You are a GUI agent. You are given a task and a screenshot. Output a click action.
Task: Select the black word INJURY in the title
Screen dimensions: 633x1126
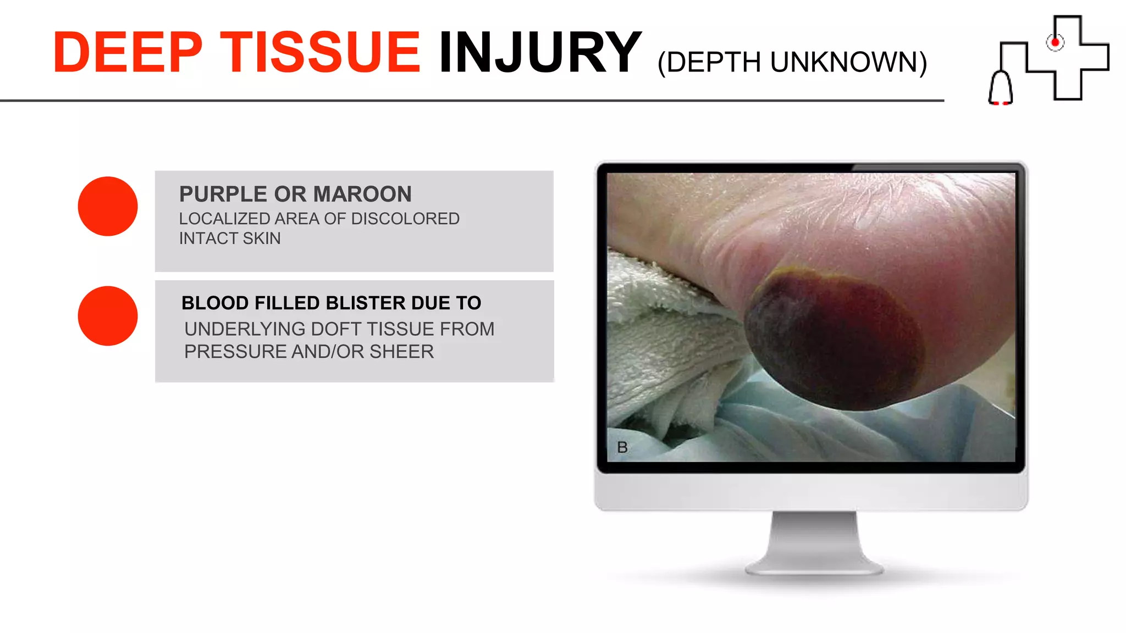[x=540, y=53]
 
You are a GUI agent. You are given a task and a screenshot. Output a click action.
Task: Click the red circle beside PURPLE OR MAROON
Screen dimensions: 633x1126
[x=108, y=206]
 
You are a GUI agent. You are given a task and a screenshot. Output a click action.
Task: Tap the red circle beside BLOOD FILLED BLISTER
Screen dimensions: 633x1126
[x=108, y=316]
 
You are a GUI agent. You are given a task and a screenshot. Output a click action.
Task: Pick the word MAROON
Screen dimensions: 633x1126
[x=362, y=194]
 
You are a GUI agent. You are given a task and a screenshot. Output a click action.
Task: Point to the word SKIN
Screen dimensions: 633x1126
[x=262, y=238]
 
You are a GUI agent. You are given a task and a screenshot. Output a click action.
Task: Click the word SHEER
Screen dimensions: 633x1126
[x=401, y=352]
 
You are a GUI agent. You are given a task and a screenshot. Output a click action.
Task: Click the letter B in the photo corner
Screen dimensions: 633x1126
[x=622, y=447]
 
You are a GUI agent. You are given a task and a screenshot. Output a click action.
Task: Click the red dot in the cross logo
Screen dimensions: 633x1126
[x=1055, y=42]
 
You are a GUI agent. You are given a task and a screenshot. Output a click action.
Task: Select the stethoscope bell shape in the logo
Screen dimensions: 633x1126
[x=1001, y=88]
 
